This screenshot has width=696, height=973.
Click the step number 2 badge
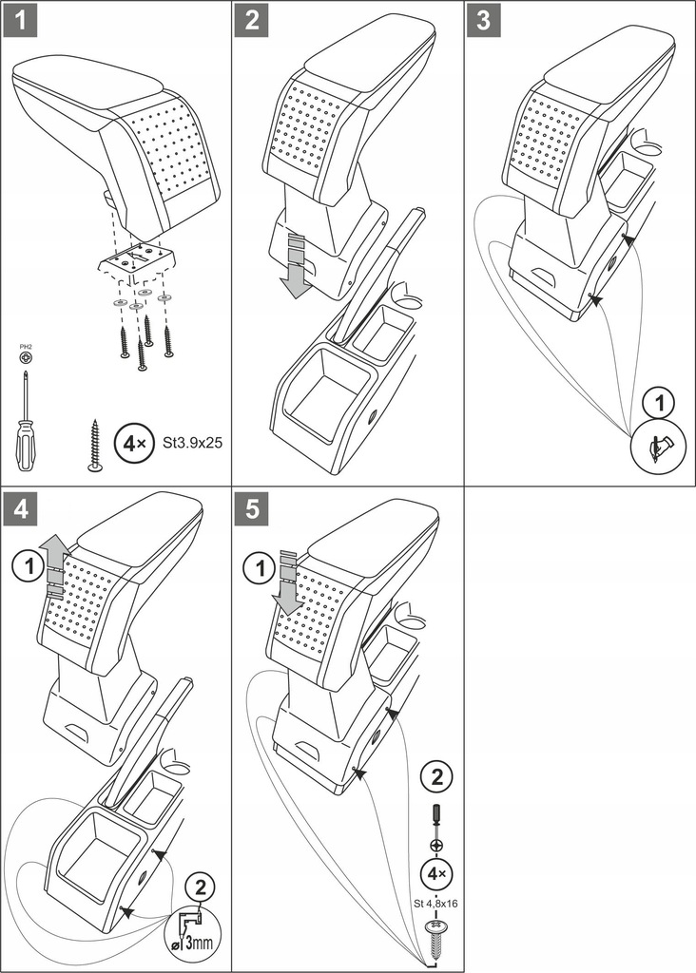[251, 21]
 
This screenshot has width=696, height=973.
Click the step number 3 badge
[483, 21]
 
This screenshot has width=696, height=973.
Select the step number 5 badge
[251, 508]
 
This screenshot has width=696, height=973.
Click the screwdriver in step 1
[25, 418]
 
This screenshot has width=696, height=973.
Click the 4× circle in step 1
[130, 443]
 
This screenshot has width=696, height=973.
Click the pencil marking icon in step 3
[657, 444]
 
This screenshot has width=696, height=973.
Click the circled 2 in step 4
[199, 889]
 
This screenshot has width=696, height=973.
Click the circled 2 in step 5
[436, 777]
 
